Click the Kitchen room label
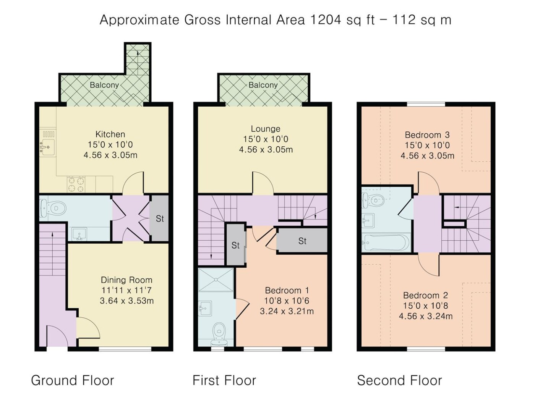110,134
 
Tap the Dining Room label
126,280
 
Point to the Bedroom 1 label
287,290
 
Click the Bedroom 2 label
426,295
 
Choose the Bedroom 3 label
427,135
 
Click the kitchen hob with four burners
76,184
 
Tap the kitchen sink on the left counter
47,147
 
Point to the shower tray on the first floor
216,280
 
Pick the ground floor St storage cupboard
159,218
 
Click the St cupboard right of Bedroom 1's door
302,241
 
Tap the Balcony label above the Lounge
263,85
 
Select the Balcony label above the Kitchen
104,85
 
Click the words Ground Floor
73,380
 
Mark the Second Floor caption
399,380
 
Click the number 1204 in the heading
326,20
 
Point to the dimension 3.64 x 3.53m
127,301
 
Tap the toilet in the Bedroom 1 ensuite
219,335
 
